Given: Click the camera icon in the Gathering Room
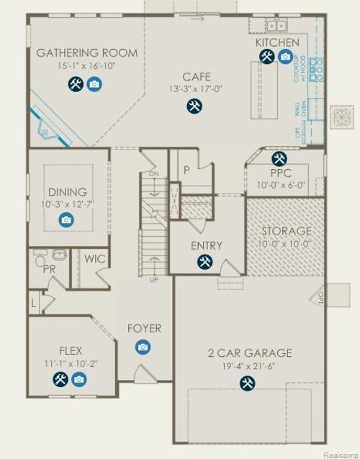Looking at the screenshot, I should [94, 85].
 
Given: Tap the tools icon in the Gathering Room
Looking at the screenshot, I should [76, 85].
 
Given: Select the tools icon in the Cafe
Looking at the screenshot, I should [194, 106].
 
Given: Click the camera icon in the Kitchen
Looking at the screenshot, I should [286, 57].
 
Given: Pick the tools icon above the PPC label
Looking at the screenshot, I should [279, 158].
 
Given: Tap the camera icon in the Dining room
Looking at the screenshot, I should [67, 219].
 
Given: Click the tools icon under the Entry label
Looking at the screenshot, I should [205, 261].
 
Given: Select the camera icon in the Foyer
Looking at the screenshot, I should [143, 347].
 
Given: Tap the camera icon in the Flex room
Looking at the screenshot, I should [78, 379].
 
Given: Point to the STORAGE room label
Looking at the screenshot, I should [286, 231].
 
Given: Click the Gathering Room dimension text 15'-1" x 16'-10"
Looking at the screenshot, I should [77, 66].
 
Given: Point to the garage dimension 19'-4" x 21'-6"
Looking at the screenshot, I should [250, 366].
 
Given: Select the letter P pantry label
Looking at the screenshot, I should [186, 170].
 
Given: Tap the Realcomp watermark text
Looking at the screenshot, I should [340, 455].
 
